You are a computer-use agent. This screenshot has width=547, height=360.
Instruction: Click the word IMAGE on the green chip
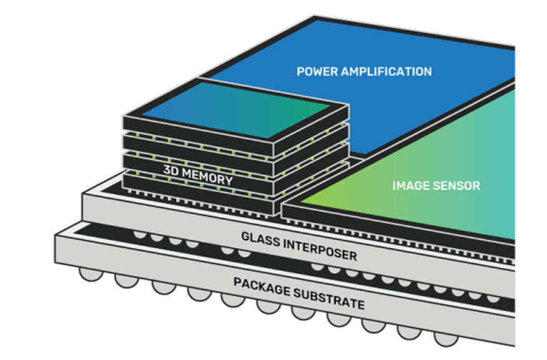410,185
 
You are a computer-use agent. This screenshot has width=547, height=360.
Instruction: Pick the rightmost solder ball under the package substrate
443,339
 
